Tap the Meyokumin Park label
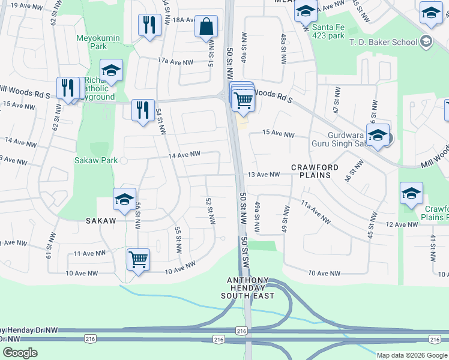coord(98,42)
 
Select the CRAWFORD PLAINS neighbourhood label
coord(315,171)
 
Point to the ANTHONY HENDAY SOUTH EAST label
coord(252,288)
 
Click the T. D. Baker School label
coord(388,42)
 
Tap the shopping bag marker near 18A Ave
coord(206,27)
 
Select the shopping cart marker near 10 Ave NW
coord(138,260)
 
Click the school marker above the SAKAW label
coord(124,200)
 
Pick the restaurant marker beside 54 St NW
coord(143,110)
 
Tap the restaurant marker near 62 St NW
coord(68,88)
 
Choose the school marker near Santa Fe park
coord(306,11)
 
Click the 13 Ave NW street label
coord(264,175)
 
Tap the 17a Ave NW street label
coord(175,61)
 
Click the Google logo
coord(20,353)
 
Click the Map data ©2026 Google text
coord(412,355)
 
